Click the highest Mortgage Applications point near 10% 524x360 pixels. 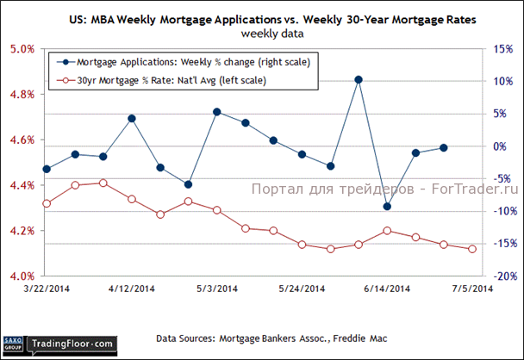coord(359,80)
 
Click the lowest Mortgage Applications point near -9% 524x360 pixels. coord(387,207)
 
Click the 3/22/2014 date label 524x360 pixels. coord(46,289)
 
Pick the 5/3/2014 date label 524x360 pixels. coord(215,289)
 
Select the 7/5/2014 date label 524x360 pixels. coord(472,289)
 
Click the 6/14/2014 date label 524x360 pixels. coord(387,289)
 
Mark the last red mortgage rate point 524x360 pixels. coord(472,250)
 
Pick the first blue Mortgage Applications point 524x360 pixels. coord(47,169)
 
